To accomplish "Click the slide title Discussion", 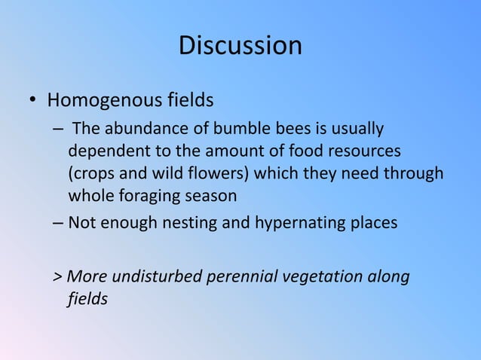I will pyautogui.click(x=240, y=46).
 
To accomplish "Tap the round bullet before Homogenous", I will pyautogui.click(x=33, y=101).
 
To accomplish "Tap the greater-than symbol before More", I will pyautogui.click(x=57, y=277).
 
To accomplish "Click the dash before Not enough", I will pyautogui.click(x=58, y=224).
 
